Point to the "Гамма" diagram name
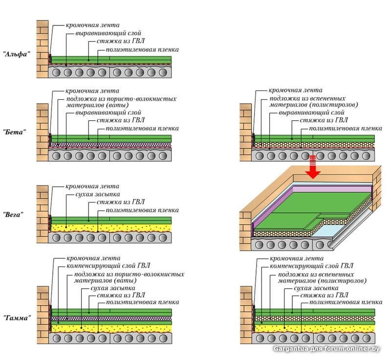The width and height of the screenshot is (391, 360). [x=17, y=317]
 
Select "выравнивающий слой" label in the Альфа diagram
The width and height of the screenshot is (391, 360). [x=101, y=33]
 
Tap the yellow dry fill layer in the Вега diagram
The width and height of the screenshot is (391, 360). [x=112, y=227]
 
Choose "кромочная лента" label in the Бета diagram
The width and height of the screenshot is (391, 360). [x=93, y=90]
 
